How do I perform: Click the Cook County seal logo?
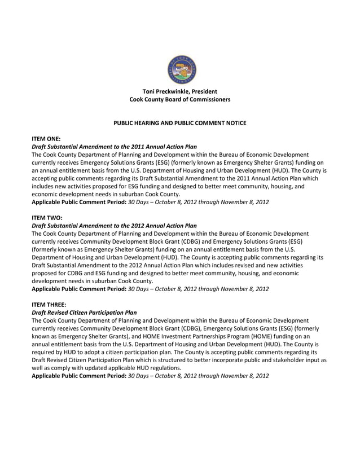coord(182,70)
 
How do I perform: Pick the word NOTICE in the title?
coord(235,123)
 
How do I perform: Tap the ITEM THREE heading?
coord(53,303)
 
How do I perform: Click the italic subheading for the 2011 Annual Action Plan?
coord(114,146)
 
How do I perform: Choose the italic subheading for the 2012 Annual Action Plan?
coord(114,225)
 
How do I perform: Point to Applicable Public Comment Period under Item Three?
coord(79,375)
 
